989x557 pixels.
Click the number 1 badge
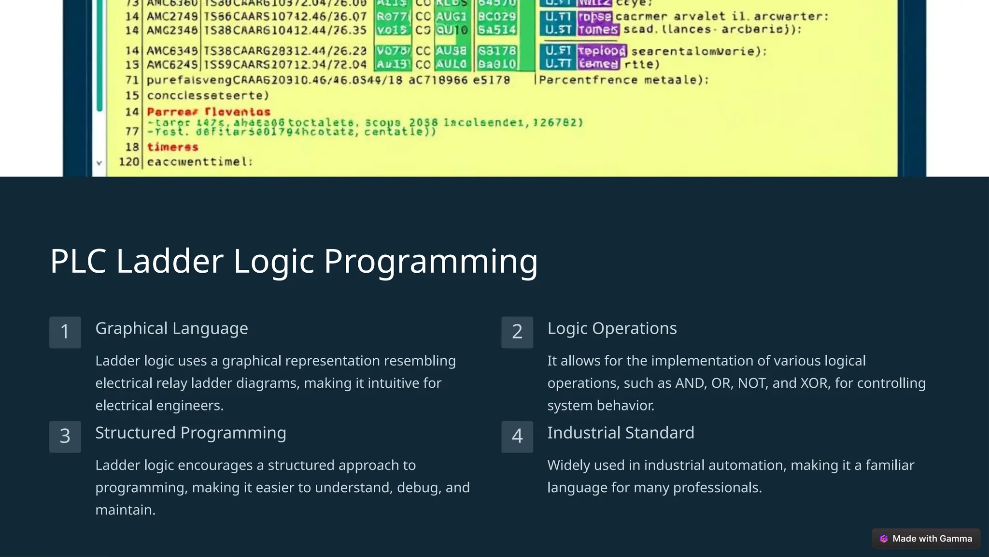pyautogui.click(x=65, y=332)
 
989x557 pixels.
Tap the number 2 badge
pyautogui.click(x=517, y=332)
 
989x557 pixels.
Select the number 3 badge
pyautogui.click(x=65, y=437)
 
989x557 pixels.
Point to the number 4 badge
pyautogui.click(x=517, y=437)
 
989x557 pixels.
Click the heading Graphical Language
pyautogui.click(x=171, y=328)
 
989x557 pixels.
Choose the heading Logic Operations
pyautogui.click(x=612, y=328)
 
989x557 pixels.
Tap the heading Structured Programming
pyautogui.click(x=190, y=433)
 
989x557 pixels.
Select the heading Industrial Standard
pyautogui.click(x=621, y=433)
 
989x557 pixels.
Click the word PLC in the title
pyautogui.click(x=78, y=261)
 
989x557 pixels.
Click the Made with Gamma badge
pyautogui.click(x=926, y=539)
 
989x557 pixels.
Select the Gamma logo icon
pyautogui.click(x=884, y=539)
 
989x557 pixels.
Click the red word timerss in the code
pyautogui.click(x=172, y=147)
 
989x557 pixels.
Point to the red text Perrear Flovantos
pyautogui.click(x=209, y=112)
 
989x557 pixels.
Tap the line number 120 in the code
pyautogui.click(x=129, y=161)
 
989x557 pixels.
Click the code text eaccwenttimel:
pyautogui.click(x=199, y=161)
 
